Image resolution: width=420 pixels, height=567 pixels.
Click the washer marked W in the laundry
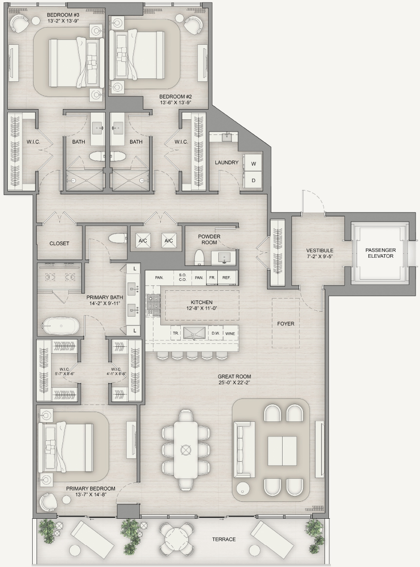pos(253,164)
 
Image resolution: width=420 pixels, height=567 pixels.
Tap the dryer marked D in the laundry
pos(253,180)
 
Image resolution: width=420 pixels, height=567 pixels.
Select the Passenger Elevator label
pos(380,253)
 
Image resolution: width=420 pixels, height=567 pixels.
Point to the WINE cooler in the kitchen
pos(229,333)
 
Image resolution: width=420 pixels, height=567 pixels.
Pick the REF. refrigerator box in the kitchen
pos(227,278)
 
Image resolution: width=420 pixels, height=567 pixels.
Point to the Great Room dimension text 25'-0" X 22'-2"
pos(234,382)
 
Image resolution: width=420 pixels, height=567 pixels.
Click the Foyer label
pos(286,323)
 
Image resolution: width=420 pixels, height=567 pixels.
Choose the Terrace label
pos(224,539)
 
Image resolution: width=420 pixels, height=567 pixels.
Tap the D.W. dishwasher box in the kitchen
pos(215,333)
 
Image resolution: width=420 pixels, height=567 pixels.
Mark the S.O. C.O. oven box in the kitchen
pos(182,277)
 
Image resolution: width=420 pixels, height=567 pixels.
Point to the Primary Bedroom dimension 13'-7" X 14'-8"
pos(91,495)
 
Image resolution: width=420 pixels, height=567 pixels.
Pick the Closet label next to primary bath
pos(59,244)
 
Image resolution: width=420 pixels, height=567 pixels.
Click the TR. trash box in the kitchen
pos(176,333)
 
